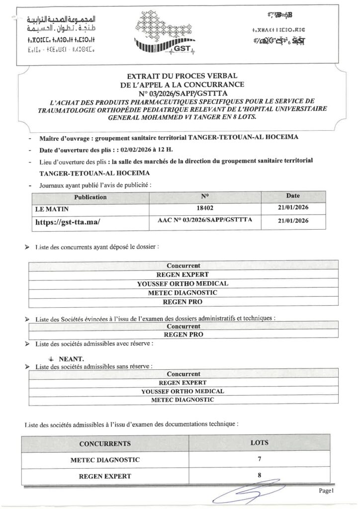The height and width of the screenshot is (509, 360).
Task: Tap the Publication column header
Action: [x=90, y=197]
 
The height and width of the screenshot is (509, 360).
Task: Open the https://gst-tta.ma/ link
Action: [x=67, y=222]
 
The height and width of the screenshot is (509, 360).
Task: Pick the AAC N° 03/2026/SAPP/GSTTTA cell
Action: [x=205, y=221]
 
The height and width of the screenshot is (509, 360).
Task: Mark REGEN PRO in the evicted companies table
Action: [x=183, y=335]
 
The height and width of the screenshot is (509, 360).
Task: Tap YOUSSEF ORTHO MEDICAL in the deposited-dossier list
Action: [x=182, y=283]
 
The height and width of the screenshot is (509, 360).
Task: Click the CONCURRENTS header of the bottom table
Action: [x=105, y=443]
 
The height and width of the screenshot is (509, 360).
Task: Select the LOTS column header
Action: [x=259, y=442]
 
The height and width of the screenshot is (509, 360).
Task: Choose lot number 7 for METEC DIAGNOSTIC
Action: [x=259, y=459]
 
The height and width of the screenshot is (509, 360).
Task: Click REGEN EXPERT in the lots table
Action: [x=105, y=476]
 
